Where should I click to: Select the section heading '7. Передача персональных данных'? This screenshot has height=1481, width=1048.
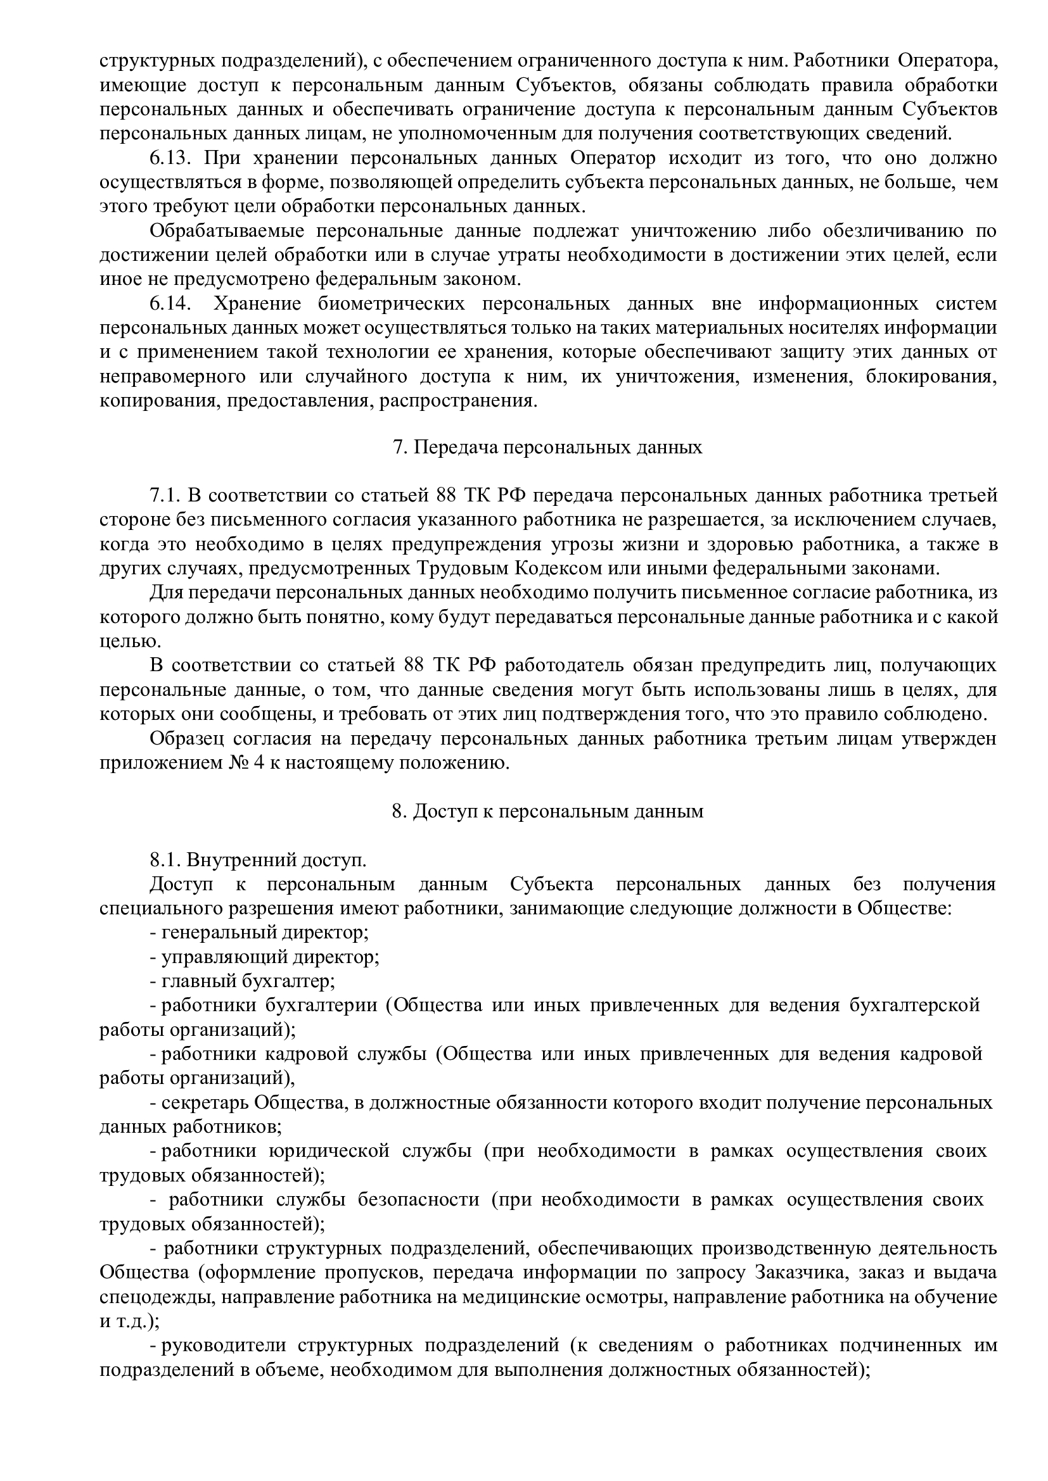547,448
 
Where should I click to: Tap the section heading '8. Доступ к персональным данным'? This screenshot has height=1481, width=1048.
547,811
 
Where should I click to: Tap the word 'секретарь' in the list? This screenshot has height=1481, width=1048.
204,1102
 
